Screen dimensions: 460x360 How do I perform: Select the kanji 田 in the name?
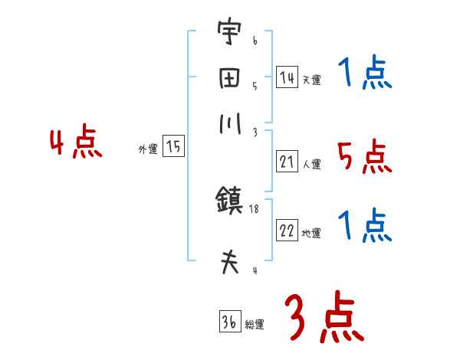(228, 80)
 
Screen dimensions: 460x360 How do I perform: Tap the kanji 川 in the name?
(228, 126)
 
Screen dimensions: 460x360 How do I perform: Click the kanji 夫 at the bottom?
(228, 263)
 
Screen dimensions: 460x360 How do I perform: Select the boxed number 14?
(287, 77)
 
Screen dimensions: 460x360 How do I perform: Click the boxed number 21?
(287, 162)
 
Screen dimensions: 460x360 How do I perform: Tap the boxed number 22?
(287, 231)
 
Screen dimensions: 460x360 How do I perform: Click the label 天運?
(311, 80)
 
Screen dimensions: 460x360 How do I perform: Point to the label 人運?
(311, 164)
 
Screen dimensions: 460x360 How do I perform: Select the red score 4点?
(75, 143)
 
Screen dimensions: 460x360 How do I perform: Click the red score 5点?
(364, 158)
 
